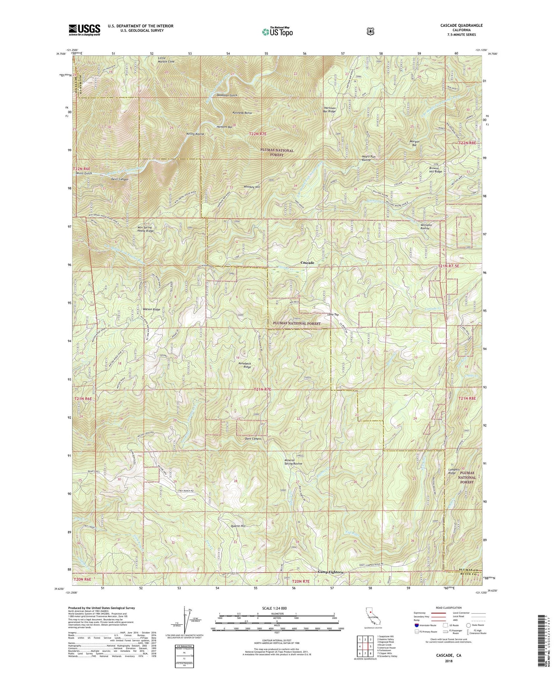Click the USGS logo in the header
coord(84,30)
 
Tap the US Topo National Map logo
coord(277,31)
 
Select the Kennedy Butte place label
coord(242,113)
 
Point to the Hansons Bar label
coord(225,127)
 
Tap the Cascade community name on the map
coord(307,263)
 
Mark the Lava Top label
coord(333,315)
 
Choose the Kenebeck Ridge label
coord(244,365)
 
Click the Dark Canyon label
coord(253,439)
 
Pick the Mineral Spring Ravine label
coord(292,462)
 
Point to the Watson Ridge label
coord(151,309)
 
